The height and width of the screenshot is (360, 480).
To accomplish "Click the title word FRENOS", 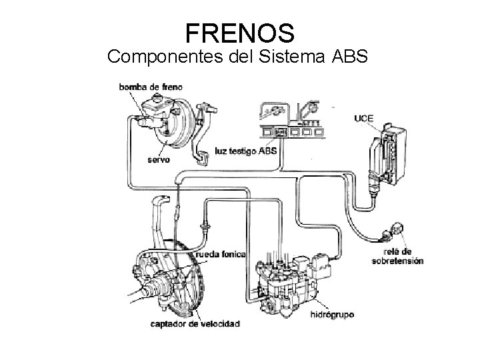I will tap(239, 31).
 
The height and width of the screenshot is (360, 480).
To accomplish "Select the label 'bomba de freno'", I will tap(151, 87).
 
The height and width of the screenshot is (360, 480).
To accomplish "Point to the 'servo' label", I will tap(158, 160).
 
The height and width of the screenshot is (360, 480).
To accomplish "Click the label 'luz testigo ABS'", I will tap(246, 151).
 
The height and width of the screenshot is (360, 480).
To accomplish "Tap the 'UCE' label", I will tap(363, 119).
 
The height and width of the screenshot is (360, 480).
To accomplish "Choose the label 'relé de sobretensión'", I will tap(397, 257).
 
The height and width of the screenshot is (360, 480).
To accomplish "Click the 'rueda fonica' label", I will tap(220, 255).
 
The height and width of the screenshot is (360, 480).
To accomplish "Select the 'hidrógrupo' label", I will tap(333, 312).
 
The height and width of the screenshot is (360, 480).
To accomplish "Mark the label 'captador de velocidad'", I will tap(195, 324).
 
